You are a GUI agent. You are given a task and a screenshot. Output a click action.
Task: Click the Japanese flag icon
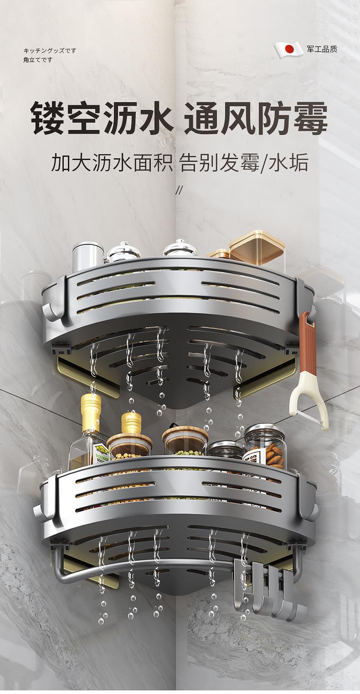click(289, 49)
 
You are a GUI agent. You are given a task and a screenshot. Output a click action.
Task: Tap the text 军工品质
click(322, 49)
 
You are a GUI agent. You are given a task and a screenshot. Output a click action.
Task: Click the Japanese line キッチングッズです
click(50, 51)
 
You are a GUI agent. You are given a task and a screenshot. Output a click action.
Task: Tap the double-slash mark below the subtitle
click(179, 190)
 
